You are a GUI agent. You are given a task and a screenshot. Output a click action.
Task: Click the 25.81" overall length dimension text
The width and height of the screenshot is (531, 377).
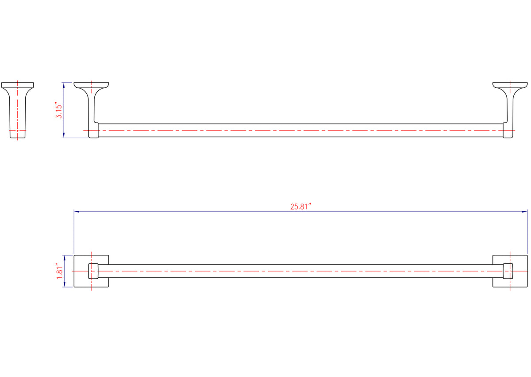301,206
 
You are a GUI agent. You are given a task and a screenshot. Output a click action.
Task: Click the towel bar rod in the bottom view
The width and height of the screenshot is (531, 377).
301,271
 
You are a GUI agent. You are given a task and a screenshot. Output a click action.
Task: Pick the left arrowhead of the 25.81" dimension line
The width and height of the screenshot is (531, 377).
76,212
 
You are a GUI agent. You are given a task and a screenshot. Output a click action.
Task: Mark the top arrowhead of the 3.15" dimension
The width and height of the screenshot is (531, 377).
65,84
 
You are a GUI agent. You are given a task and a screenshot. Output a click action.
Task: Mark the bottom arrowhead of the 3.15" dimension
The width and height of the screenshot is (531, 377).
65,136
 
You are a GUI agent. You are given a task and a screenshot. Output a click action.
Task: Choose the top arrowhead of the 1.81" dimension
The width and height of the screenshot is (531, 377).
65,257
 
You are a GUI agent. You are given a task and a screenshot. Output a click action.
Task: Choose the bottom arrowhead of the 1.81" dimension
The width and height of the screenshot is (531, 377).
65,285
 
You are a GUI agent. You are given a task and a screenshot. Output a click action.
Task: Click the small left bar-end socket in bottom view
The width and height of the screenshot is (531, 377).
93,271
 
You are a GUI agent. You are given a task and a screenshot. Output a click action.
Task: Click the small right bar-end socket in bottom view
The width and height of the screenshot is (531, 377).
508,271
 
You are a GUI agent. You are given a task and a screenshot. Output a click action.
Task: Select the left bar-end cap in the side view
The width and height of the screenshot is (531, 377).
93,132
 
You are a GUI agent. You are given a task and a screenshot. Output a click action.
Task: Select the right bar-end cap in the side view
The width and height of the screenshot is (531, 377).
508,132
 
